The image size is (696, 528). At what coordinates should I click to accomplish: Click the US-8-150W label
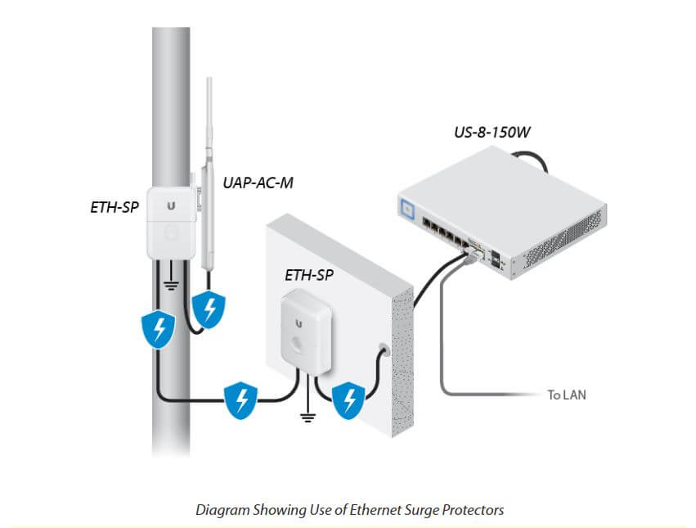[x=488, y=131]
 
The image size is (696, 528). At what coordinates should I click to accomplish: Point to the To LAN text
[x=567, y=395]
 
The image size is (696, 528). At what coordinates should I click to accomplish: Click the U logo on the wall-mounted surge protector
[x=299, y=323]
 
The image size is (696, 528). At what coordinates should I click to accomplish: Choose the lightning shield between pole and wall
[x=240, y=399]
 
